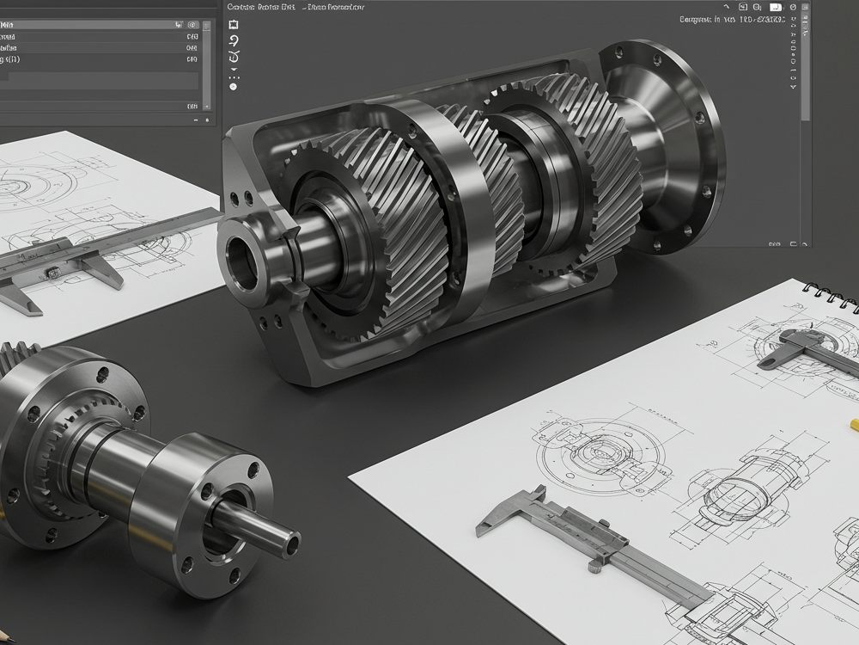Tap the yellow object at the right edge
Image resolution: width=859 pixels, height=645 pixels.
click(853, 423)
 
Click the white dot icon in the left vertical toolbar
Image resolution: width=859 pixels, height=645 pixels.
click(233, 87)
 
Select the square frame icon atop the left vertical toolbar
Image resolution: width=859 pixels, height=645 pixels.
click(233, 25)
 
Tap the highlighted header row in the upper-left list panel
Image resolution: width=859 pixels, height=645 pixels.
click(103, 25)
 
